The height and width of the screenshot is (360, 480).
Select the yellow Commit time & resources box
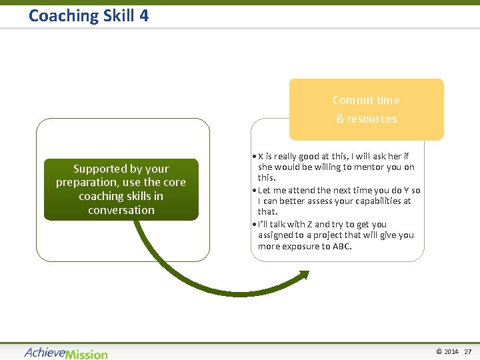[x=366, y=109]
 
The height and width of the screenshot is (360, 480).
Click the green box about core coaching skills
[x=121, y=189]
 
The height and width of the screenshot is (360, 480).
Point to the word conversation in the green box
[x=121, y=210]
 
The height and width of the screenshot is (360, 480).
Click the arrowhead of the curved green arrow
[x=303, y=275]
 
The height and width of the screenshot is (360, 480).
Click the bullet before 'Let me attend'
[x=254, y=191]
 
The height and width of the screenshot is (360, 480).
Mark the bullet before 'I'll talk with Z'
[x=254, y=225]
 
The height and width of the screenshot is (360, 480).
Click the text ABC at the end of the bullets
[x=341, y=246]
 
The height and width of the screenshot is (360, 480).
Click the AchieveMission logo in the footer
[x=65, y=353]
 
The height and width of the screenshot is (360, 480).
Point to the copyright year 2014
[x=451, y=351]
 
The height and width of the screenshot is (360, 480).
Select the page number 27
[x=468, y=351]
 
